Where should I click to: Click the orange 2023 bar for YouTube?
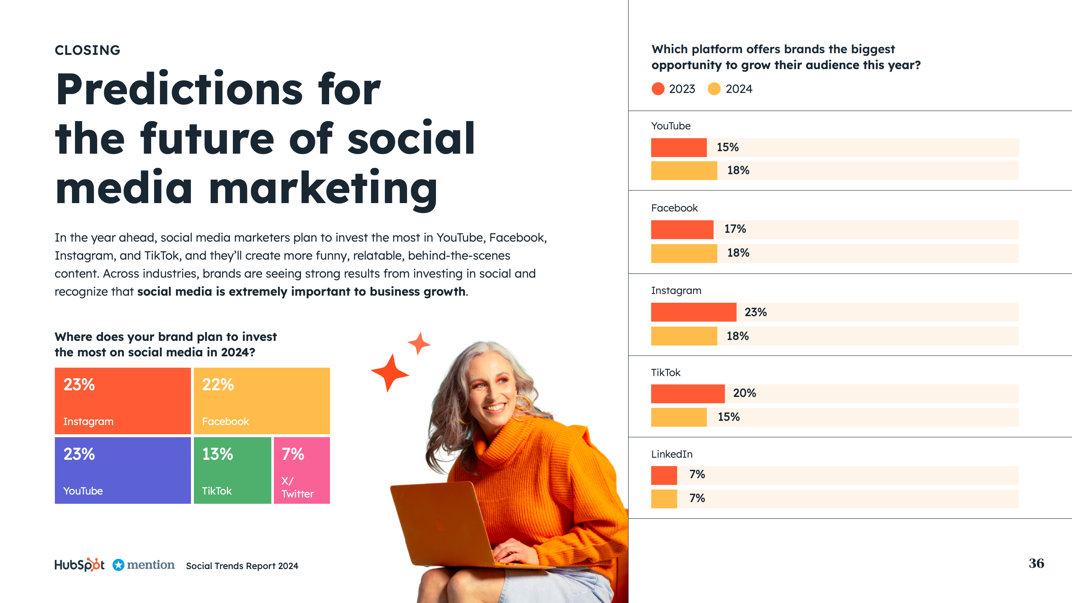click(x=679, y=147)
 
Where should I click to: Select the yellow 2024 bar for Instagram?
click(x=684, y=336)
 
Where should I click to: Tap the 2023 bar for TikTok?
click(x=688, y=394)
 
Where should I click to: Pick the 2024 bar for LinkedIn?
click(x=664, y=499)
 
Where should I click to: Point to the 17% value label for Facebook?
click(x=735, y=229)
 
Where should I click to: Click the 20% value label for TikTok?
click(x=744, y=393)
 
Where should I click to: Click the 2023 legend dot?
click(x=658, y=89)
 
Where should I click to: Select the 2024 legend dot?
click(x=714, y=89)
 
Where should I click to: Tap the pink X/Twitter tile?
click(x=301, y=470)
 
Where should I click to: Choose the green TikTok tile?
click(x=232, y=470)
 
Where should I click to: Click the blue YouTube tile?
click(x=123, y=470)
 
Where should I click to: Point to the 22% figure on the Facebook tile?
click(x=218, y=384)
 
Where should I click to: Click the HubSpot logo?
click(x=80, y=565)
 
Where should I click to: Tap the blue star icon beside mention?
click(x=119, y=565)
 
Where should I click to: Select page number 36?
click(x=1036, y=563)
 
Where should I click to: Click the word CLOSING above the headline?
click(x=88, y=50)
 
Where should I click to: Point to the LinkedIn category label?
click(x=672, y=454)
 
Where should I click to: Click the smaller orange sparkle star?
click(x=419, y=343)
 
